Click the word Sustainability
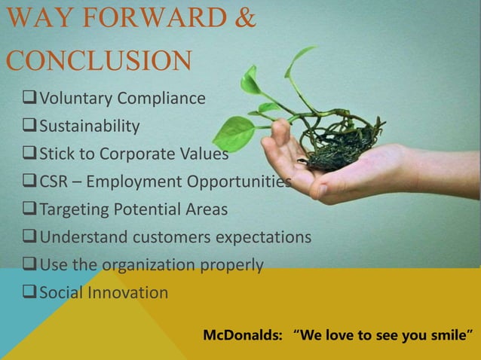[x=90, y=126]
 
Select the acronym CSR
[x=56, y=182]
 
